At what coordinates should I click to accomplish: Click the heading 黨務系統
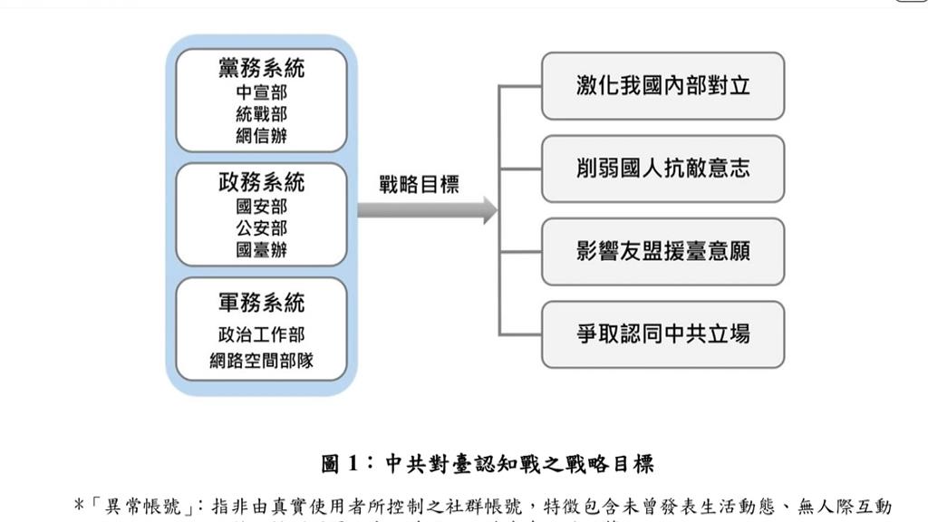261,68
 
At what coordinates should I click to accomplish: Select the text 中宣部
261,92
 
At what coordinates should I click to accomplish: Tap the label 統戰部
261,114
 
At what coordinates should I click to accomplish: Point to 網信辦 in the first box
261,136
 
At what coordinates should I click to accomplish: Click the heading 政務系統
261,182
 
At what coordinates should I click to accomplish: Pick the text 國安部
261,207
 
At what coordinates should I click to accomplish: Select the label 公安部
261,228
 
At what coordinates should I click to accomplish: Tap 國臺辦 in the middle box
261,250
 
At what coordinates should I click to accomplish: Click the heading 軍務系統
261,303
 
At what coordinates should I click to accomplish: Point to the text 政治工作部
261,336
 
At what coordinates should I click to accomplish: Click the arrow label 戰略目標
419,185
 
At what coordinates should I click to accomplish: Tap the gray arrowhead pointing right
489,210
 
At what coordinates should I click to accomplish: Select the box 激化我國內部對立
662,86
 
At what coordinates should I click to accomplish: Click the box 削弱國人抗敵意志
662,169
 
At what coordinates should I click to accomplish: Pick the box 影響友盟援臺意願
662,251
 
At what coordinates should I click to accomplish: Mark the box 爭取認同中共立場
662,333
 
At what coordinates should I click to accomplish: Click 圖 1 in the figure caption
342,465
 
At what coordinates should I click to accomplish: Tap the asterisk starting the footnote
79,504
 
